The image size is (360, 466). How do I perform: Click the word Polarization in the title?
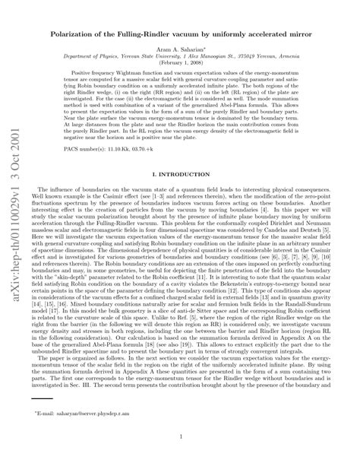click(x=74, y=35)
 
